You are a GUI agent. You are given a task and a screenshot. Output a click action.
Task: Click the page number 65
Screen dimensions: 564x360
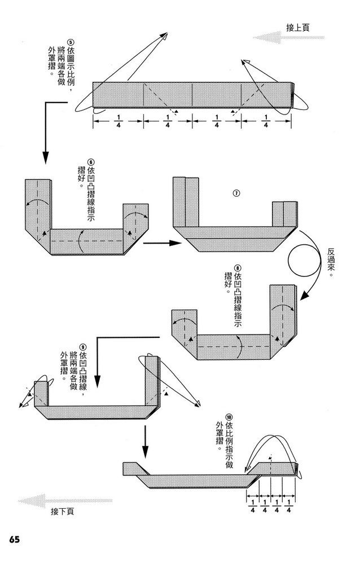[14, 539]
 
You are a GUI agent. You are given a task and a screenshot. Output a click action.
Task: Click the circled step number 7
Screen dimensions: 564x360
[236, 192]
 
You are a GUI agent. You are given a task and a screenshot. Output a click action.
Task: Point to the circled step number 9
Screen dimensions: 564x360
[83, 346]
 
